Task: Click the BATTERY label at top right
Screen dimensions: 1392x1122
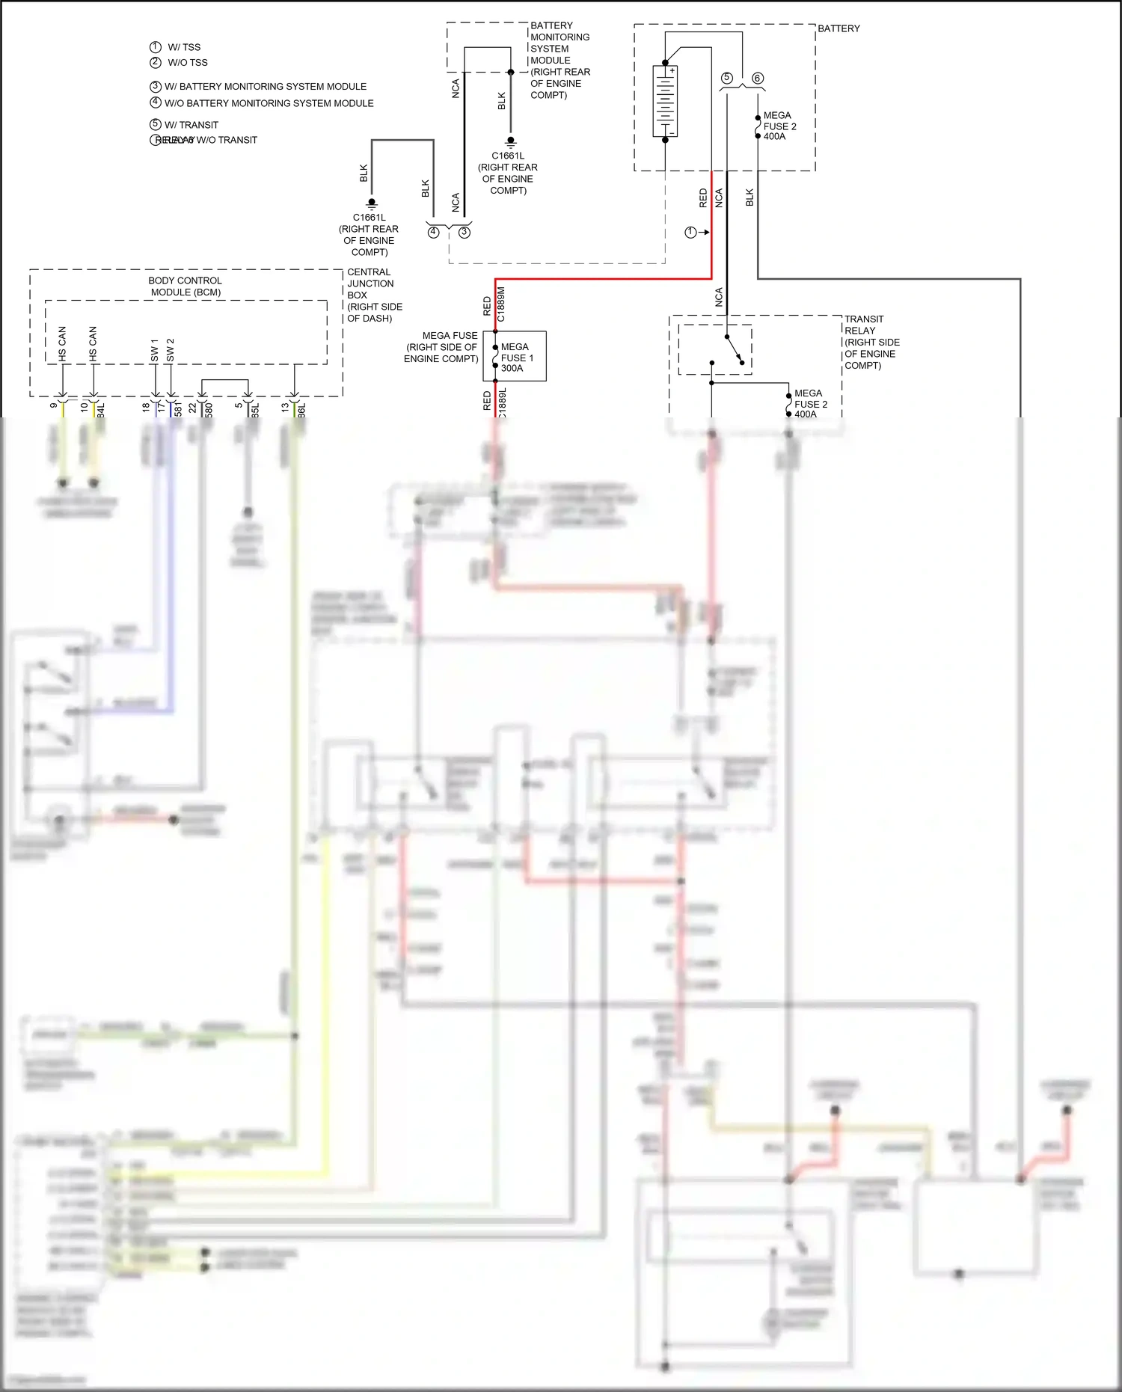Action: [x=838, y=28]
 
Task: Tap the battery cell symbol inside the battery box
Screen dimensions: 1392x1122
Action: [x=665, y=101]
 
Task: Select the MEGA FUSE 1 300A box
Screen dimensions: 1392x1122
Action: [x=515, y=357]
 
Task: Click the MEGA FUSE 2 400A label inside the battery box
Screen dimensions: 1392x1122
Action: [x=779, y=126]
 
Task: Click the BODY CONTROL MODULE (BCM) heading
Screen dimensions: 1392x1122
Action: [x=186, y=286]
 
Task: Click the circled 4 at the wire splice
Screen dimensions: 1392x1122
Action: [x=433, y=233]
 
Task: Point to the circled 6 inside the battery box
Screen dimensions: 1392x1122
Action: [x=757, y=79]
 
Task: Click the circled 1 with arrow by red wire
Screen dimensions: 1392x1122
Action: [x=691, y=233]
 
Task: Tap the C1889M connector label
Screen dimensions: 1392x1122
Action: [x=501, y=304]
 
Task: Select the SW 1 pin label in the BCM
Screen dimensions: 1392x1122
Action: [x=154, y=350]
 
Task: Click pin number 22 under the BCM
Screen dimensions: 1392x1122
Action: [x=192, y=408]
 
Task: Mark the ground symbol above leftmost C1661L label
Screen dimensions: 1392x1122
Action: [x=372, y=203]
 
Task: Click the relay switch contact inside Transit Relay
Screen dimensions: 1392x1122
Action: [x=734, y=349]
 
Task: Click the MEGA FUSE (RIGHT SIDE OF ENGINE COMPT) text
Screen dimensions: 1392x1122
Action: [x=441, y=347]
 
